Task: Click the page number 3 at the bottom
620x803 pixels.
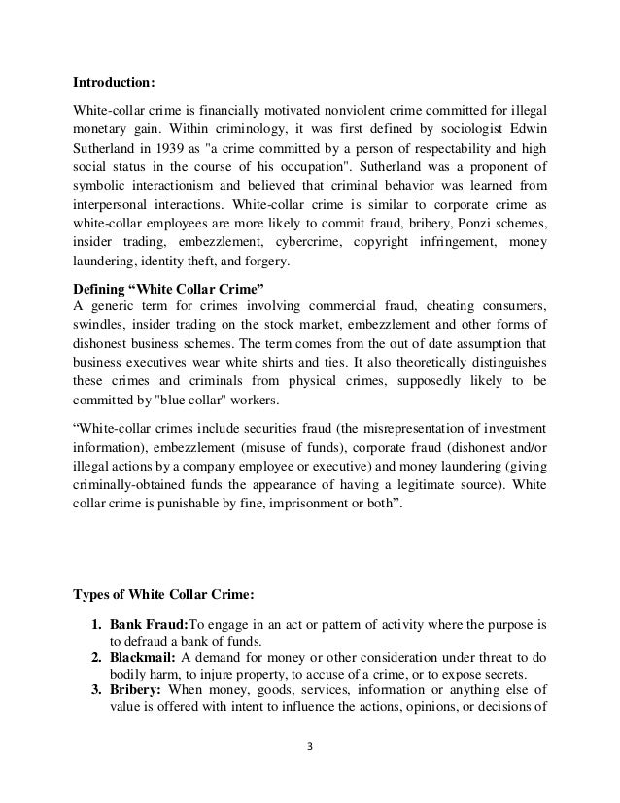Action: point(309,775)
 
